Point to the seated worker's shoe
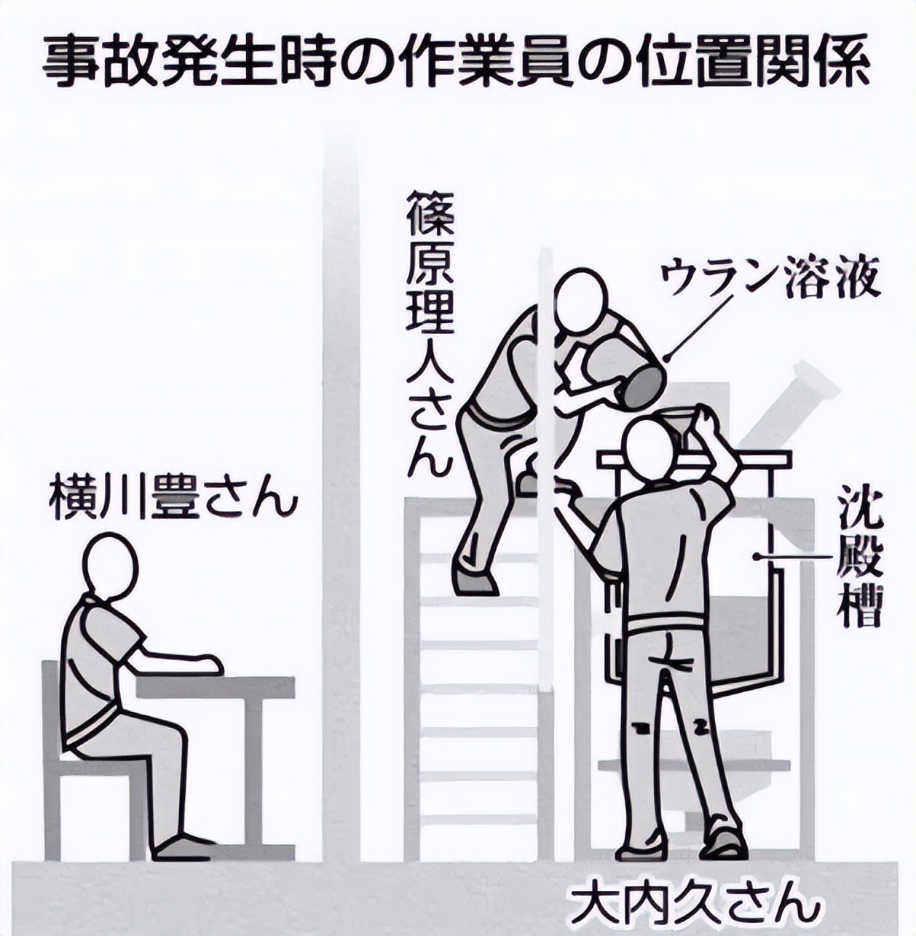[181, 846]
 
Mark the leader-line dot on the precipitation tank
[758, 557]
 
